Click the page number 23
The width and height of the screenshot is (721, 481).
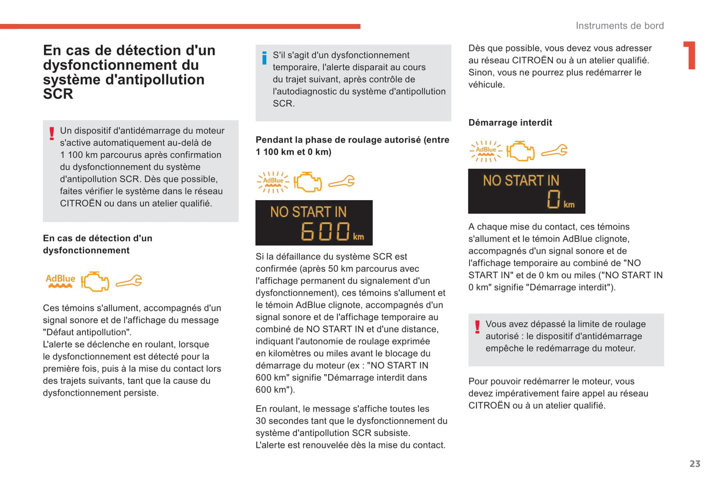695,464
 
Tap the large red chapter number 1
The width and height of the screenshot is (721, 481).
690,55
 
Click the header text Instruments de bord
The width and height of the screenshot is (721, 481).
619,26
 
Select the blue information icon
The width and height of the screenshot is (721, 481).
264,58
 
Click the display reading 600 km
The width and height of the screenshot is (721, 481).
314,223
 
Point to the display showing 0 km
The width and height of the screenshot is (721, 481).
526,192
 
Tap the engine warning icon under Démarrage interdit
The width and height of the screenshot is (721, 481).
520,151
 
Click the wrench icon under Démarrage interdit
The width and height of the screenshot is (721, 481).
554,150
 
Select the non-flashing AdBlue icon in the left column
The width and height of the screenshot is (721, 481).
60,281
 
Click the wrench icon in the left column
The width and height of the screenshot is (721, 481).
129,281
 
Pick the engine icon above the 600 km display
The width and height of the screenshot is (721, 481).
307,182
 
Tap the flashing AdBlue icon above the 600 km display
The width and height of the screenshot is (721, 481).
273,182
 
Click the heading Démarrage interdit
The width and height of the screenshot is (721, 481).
510,123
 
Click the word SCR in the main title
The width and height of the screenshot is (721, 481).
58,94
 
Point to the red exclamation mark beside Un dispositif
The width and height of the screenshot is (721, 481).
51,133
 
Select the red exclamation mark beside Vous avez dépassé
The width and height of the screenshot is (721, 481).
477,327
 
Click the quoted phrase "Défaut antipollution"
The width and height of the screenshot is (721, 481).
87,332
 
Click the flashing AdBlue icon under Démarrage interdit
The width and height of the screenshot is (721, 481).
485,151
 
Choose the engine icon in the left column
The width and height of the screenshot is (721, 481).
95,281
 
